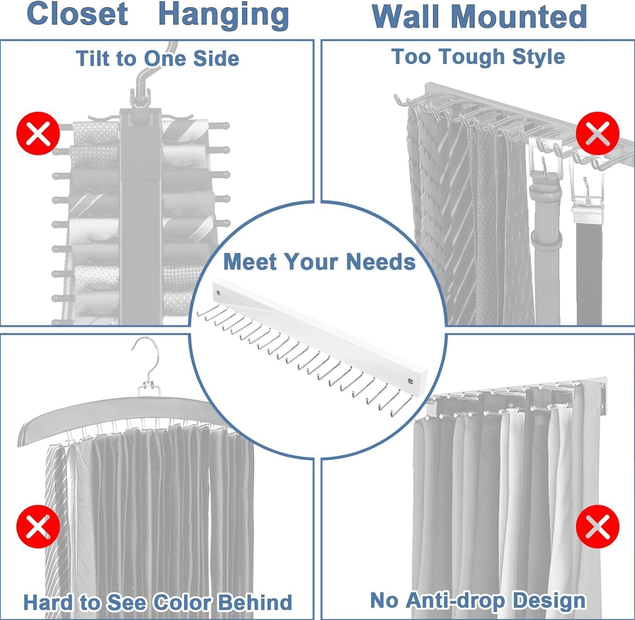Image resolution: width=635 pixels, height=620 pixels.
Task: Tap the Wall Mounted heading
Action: tap(479, 17)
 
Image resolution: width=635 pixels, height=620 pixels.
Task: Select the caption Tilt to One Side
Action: tap(157, 58)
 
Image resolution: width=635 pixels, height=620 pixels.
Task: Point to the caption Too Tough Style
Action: tap(478, 57)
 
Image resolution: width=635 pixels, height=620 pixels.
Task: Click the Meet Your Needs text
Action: tap(319, 262)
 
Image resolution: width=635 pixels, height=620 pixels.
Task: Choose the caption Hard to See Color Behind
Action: tap(157, 602)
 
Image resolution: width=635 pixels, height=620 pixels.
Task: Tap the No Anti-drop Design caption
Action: tap(478, 601)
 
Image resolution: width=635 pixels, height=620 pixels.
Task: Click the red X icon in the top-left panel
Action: tap(38, 133)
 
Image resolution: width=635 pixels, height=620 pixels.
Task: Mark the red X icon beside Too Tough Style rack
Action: tap(598, 133)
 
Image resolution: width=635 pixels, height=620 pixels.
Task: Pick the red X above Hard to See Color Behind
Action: tap(38, 526)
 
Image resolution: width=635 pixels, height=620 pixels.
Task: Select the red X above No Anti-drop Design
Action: tap(598, 526)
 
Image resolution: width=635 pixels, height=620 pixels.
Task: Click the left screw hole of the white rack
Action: tap(218, 292)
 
